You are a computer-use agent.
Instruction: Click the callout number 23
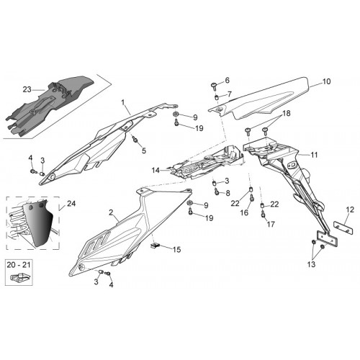[x=27, y=89]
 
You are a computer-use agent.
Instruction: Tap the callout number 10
[x=326, y=81]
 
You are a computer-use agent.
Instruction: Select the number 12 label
[x=350, y=210]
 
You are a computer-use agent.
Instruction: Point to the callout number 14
[x=156, y=171]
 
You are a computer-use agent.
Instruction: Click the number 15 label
[x=176, y=250]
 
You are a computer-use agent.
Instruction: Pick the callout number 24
[x=71, y=204]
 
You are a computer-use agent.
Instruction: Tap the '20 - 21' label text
[x=19, y=265]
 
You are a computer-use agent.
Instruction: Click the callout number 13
[x=311, y=264]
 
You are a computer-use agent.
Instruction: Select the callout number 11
[x=314, y=155]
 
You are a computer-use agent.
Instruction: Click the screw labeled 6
[x=214, y=86]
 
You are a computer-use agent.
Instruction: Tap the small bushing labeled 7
[x=216, y=97]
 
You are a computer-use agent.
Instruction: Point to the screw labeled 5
[x=135, y=139]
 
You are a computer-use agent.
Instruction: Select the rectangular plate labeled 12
[x=343, y=228]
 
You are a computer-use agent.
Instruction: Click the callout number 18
[x=286, y=113]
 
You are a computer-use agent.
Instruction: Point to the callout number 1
[x=123, y=103]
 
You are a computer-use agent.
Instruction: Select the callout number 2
[x=111, y=212]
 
